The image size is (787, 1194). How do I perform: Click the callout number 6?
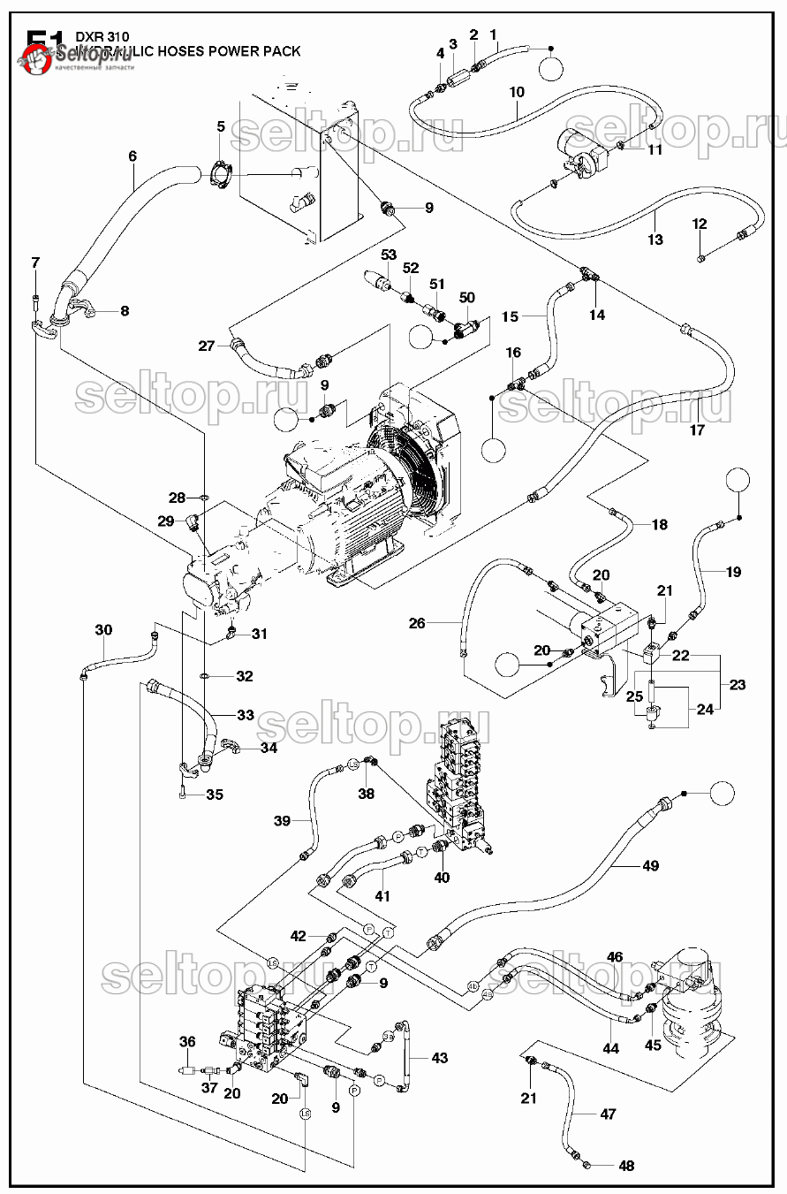(x=132, y=156)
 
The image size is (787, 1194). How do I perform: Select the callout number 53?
(x=388, y=255)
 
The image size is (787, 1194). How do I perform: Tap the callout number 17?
(x=697, y=430)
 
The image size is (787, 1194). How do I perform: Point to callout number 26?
(x=417, y=623)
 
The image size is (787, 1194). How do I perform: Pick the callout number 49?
(x=651, y=865)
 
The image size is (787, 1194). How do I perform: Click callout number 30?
(x=104, y=630)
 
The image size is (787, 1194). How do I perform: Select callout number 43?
(x=439, y=1058)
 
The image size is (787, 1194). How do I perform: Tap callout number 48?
(x=626, y=1166)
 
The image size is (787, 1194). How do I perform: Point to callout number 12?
(x=700, y=224)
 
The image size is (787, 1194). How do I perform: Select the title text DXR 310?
(x=96, y=36)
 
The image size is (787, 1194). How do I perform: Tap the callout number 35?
(x=215, y=795)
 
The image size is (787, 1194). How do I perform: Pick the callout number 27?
(x=207, y=346)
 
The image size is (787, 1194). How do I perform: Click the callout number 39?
(x=282, y=821)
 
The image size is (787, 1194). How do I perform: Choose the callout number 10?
(x=518, y=92)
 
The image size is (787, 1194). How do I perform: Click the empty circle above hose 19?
(x=739, y=482)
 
